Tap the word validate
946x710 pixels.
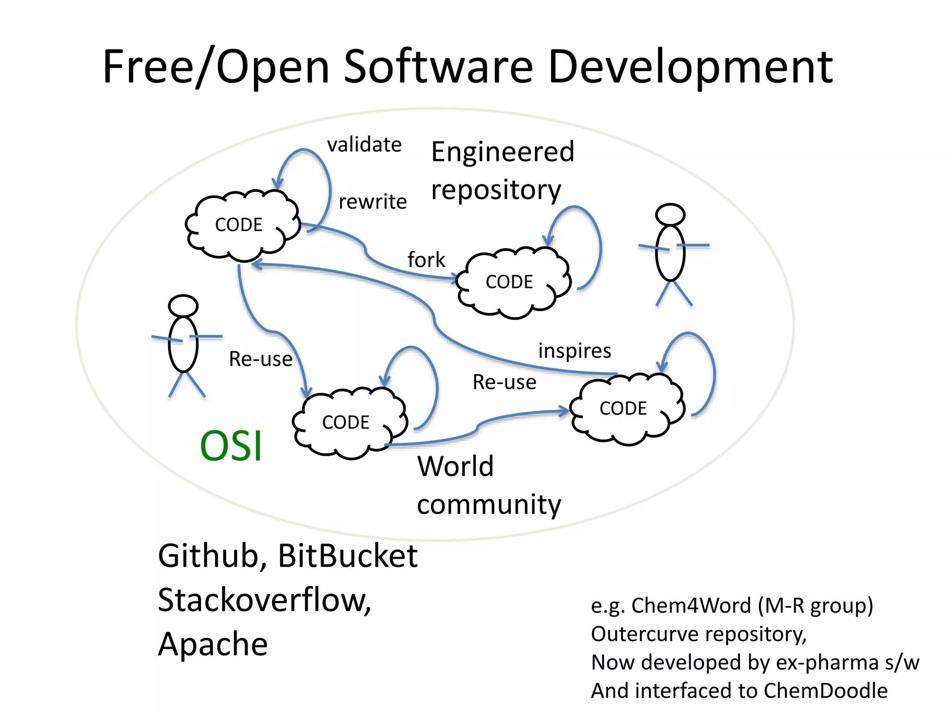coord(364,145)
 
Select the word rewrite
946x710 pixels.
coord(372,202)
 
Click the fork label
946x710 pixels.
coord(426,260)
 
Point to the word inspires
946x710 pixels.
coord(574,351)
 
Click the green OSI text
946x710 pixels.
coord(231,446)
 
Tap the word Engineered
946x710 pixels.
coord(503,152)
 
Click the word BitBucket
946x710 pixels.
coord(347,556)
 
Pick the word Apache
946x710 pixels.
coord(213,644)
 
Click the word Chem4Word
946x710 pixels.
coord(691,606)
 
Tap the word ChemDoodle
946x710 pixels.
coord(825,691)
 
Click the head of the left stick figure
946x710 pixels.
coord(183,306)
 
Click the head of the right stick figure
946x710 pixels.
coord(670,214)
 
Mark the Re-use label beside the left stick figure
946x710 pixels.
coord(261,359)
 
